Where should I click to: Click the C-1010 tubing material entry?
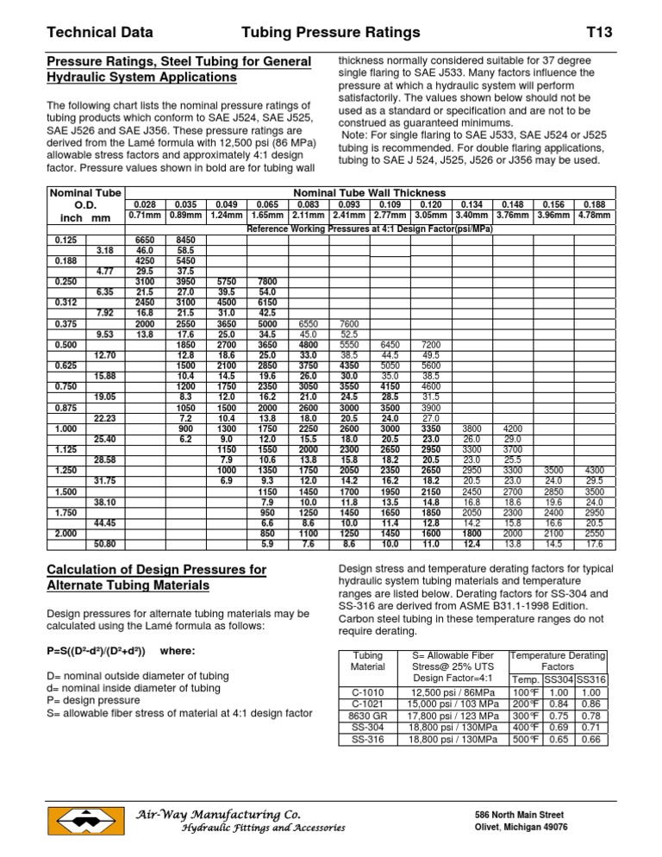click(x=369, y=691)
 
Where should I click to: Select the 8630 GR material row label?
click(x=369, y=716)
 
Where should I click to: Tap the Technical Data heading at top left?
click(x=99, y=33)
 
